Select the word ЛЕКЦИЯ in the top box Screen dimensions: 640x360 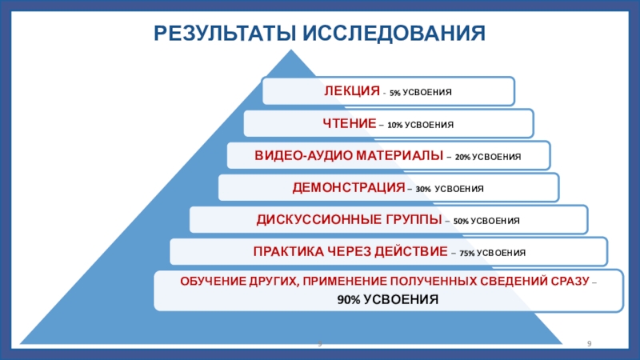pyautogui.click(x=352, y=91)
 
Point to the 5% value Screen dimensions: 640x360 pyautogui.click(x=395, y=93)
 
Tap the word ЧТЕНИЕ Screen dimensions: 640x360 pyautogui.click(x=350, y=124)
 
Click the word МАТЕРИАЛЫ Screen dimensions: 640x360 pyautogui.click(x=396, y=156)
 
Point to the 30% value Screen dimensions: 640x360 pyautogui.click(x=423, y=190)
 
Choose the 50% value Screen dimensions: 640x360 pyautogui.click(x=462, y=221)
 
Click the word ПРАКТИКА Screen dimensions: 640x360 pyautogui.click(x=287, y=251)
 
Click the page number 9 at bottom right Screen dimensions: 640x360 pyautogui.click(x=590, y=344)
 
